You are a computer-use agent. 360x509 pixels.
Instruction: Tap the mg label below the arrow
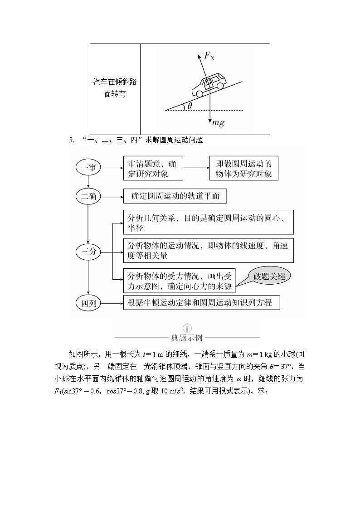[x=218, y=123]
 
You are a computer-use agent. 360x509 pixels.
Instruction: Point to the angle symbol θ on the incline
[x=190, y=106]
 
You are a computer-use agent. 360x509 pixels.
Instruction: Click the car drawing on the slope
[x=208, y=85]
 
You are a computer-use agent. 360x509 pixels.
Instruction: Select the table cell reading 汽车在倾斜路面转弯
[x=115, y=88]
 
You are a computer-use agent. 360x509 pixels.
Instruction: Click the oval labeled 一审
[x=88, y=168]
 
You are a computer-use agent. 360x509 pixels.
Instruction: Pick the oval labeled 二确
[x=88, y=196]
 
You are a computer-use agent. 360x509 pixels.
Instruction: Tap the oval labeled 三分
[x=88, y=252]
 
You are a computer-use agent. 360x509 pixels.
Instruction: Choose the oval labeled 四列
[x=88, y=303]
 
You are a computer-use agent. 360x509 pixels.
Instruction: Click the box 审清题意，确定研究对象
[x=153, y=168]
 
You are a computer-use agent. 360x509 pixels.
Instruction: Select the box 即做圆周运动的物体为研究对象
[x=244, y=168]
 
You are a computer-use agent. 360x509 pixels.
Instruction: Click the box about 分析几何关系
[x=208, y=222]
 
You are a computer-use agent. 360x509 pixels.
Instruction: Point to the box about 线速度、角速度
[x=208, y=250]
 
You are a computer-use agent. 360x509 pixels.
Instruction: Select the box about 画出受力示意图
[x=180, y=281]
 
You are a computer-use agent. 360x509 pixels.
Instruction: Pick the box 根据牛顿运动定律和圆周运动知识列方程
[x=201, y=303]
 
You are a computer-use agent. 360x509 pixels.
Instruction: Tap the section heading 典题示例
[x=187, y=338]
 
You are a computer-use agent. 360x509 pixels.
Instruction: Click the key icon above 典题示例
[x=187, y=327]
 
